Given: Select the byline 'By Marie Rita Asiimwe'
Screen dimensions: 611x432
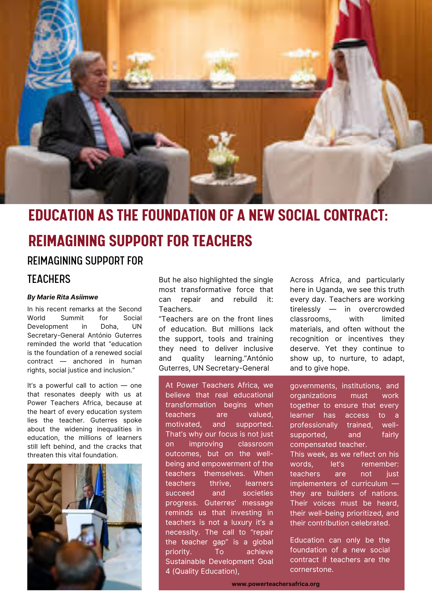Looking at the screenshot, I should click(63, 297).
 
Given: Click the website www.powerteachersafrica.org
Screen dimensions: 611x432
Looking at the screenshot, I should click(276, 584).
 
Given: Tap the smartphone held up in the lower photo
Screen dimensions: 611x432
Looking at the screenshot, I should click(88, 534).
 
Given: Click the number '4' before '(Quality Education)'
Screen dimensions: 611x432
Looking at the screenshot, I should click(168, 571).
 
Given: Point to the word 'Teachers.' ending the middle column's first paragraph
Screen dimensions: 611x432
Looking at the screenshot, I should click(176, 309).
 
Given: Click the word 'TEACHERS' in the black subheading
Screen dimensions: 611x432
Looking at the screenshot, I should click(49, 279).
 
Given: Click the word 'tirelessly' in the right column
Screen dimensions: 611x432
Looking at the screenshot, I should click(305, 309).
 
